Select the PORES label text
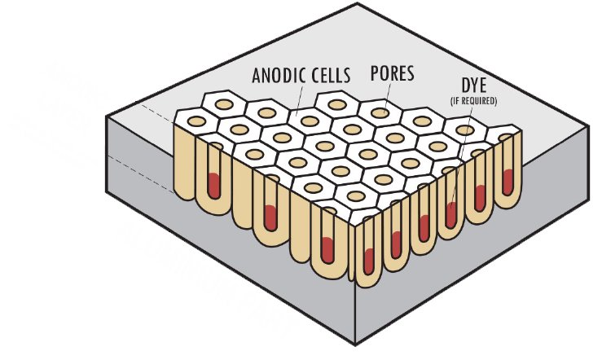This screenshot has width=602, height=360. coord(391,73)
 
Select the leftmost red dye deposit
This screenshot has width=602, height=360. coord(214,185)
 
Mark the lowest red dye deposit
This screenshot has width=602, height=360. coord(368,258)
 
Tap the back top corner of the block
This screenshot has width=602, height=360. coord(356,3)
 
